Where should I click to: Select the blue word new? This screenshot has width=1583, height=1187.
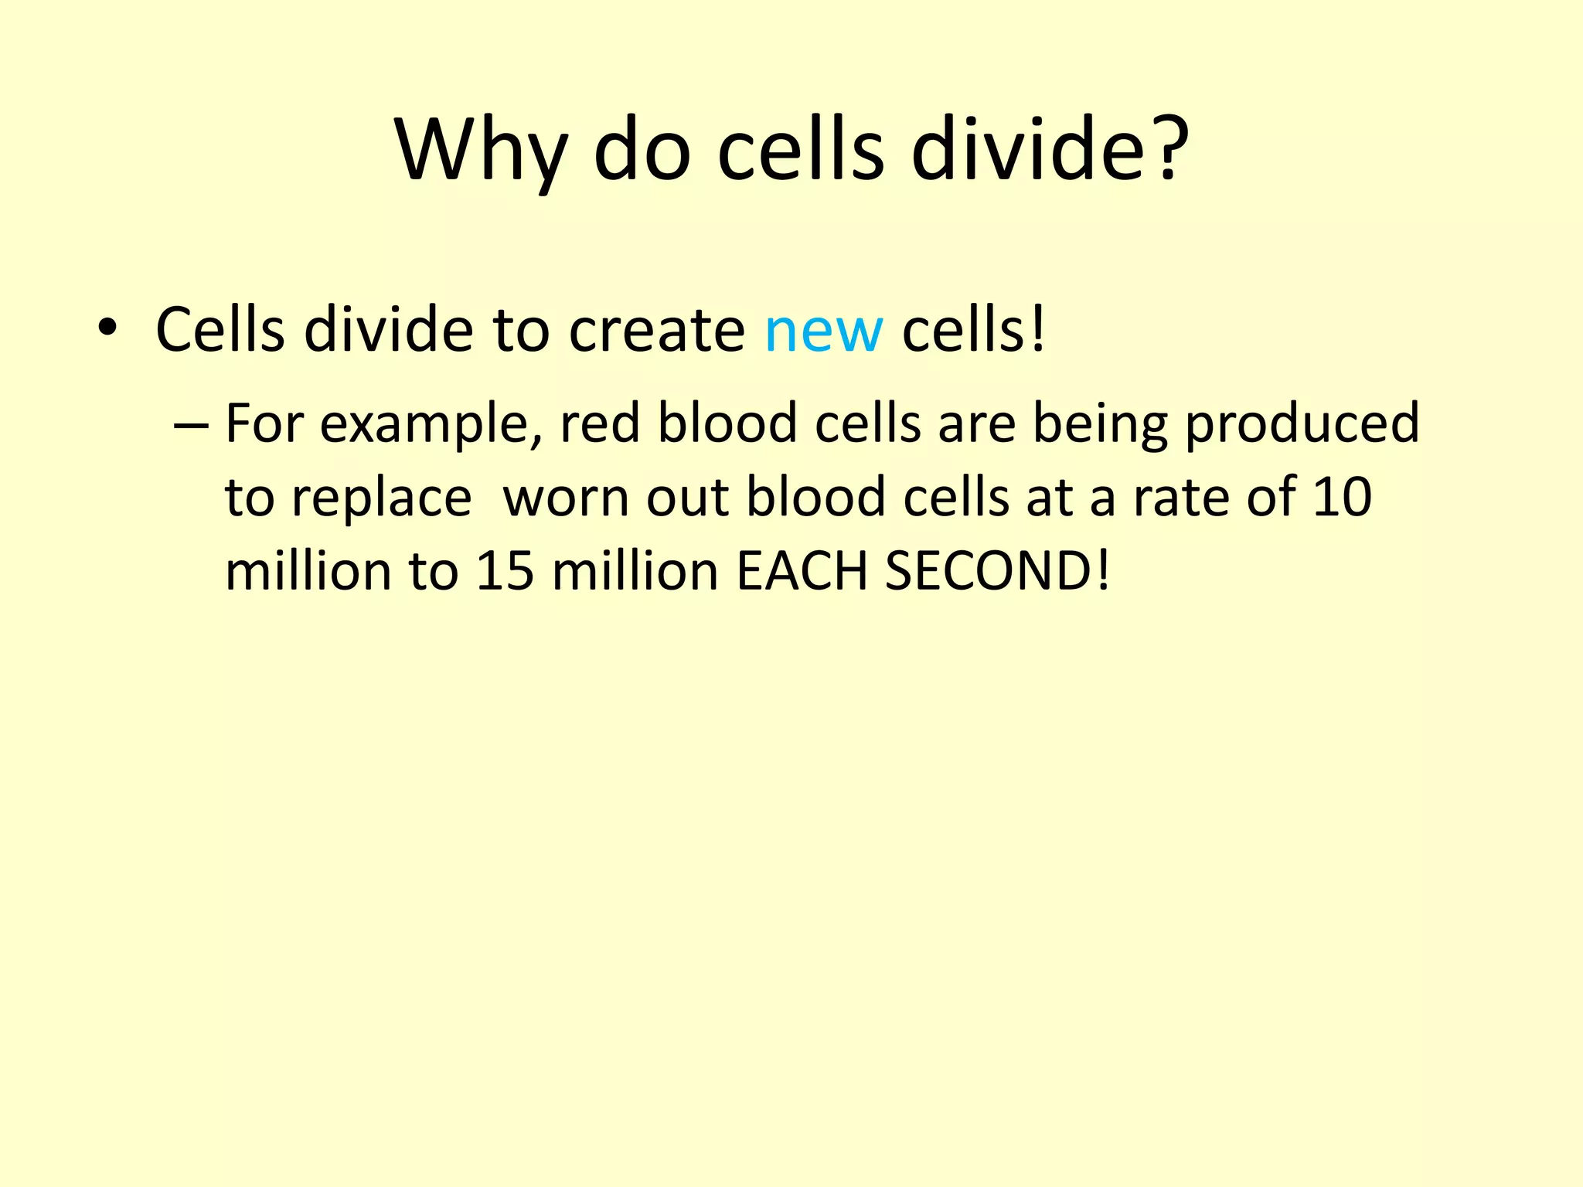pos(823,331)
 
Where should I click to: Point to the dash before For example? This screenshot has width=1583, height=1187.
pos(192,426)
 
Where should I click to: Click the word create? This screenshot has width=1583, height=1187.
pos(656,330)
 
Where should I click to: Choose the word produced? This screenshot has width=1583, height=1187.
pos(1302,426)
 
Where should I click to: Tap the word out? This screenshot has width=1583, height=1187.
pos(688,498)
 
